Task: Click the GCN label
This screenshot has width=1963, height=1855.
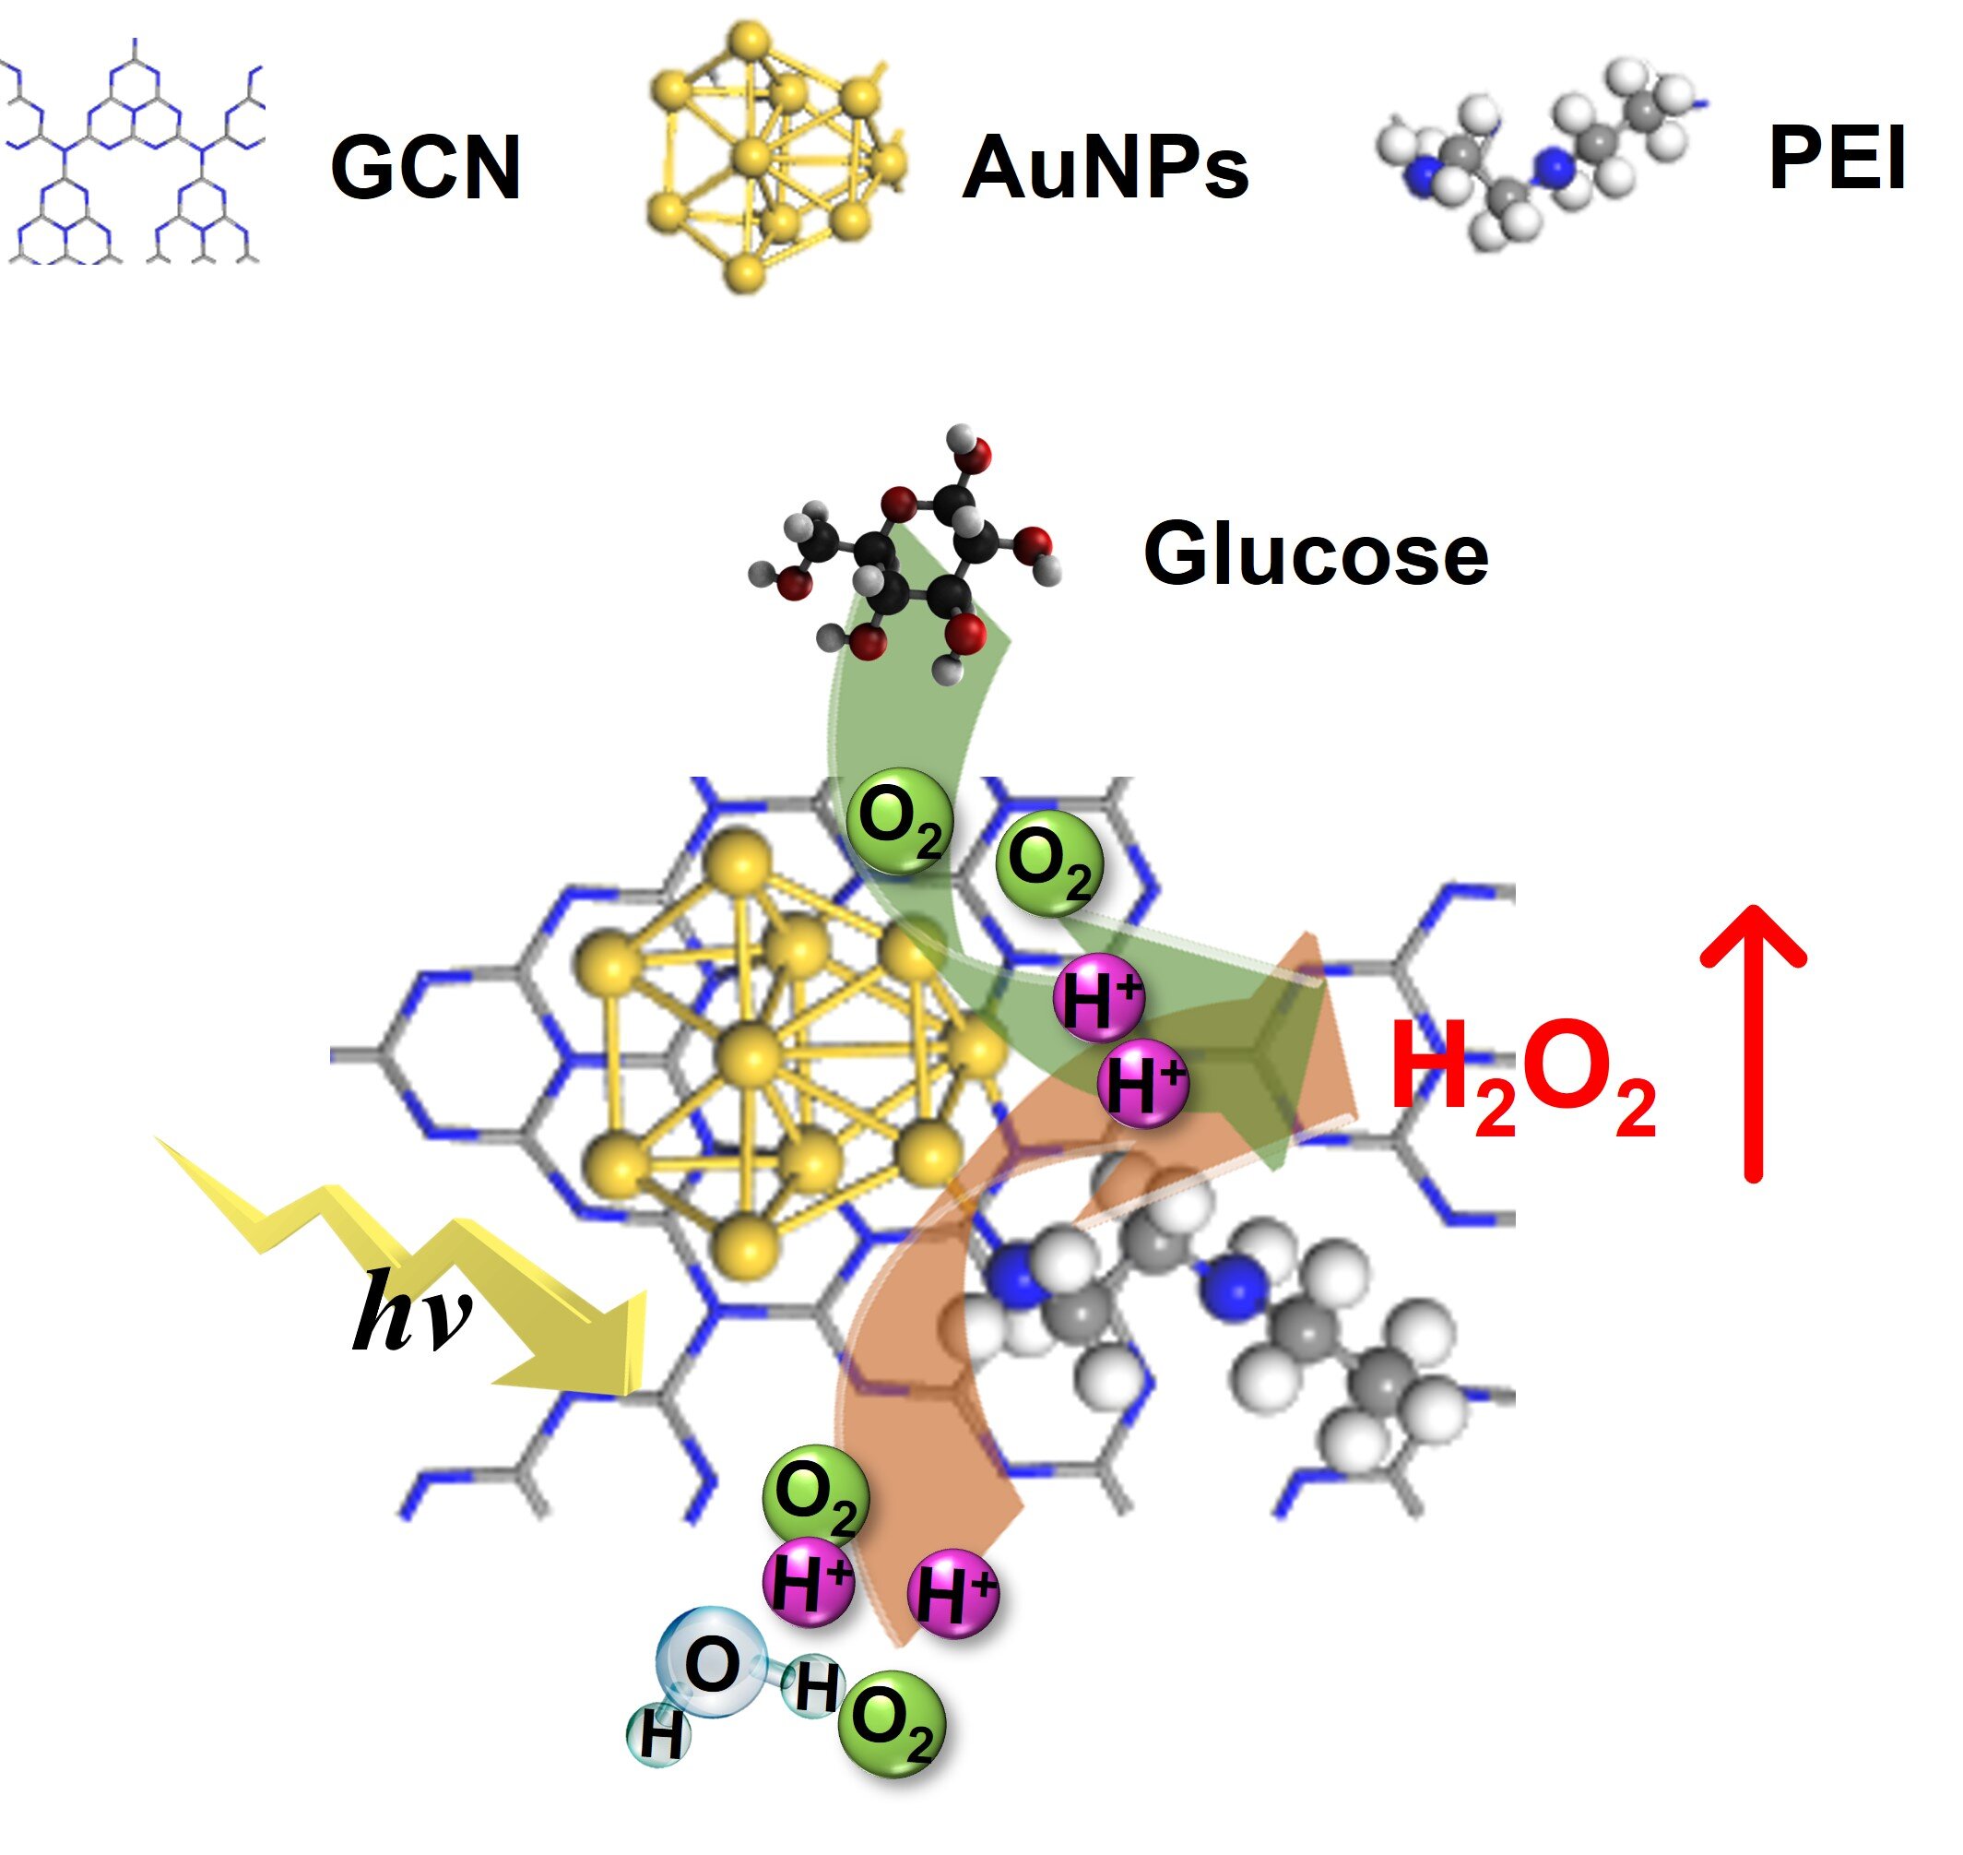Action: click(x=425, y=167)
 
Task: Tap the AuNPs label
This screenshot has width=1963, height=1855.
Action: click(x=1106, y=167)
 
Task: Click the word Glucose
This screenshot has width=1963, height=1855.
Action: click(x=1316, y=554)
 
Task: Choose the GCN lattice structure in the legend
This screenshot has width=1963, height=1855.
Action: click(x=134, y=159)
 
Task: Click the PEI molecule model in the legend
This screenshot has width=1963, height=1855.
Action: click(x=1542, y=159)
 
